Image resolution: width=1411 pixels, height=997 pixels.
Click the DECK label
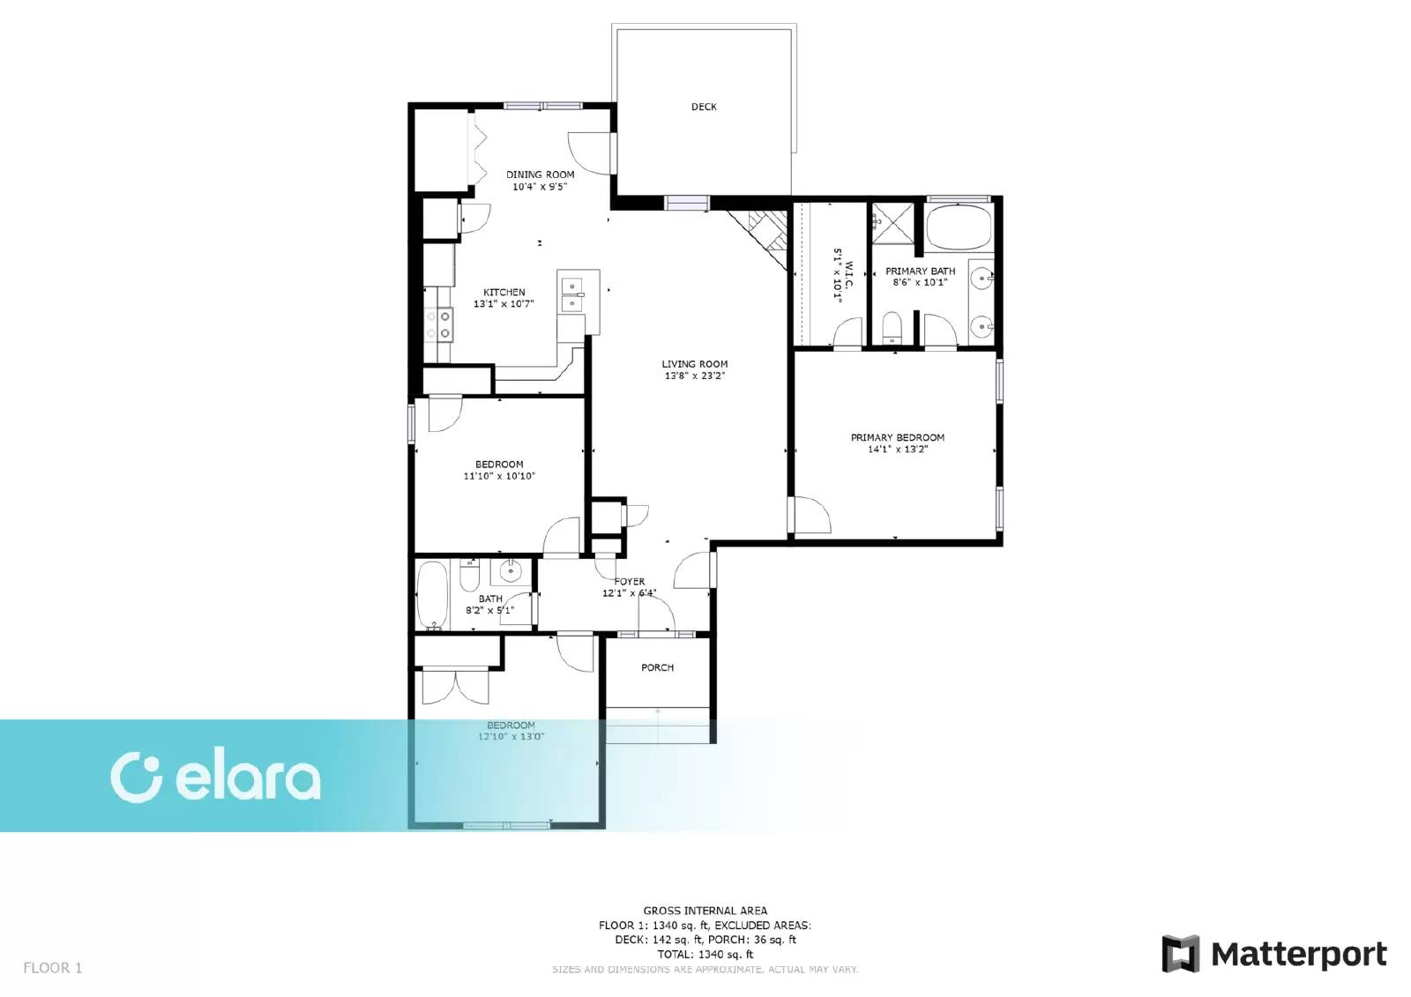[703, 107]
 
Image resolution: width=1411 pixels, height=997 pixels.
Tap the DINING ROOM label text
[540, 175]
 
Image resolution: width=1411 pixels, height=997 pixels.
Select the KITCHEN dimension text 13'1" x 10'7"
[504, 304]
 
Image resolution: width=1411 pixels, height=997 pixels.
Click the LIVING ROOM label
[694, 363]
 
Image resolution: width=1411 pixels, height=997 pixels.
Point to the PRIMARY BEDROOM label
[897, 437]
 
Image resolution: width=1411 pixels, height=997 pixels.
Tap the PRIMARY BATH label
[920, 272]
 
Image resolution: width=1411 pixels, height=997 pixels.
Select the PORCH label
[657, 667]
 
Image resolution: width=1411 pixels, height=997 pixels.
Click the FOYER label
[630, 582]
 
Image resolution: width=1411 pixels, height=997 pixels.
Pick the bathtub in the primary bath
[959, 227]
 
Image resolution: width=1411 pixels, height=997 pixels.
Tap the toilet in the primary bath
[892, 328]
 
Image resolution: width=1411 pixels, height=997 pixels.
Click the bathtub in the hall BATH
[432, 596]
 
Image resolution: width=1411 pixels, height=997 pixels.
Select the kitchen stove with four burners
[439, 324]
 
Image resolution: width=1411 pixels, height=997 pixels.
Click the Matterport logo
[1273, 954]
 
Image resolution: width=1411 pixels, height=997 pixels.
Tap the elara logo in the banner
[215, 778]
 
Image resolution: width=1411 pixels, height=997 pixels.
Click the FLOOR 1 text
[52, 968]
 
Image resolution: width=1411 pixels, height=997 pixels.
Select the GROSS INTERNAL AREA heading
[705, 911]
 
